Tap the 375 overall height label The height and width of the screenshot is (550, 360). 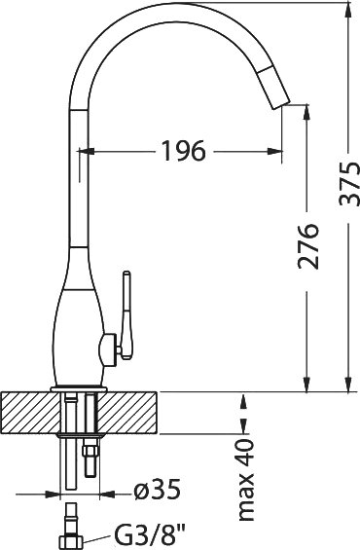coord(349,183)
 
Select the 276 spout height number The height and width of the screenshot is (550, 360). coord(308,246)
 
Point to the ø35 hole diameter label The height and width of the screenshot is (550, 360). coord(158,490)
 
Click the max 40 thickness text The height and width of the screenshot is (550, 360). coord(246,480)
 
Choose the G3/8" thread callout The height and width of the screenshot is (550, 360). coord(149,533)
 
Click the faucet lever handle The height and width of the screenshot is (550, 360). coord(126,315)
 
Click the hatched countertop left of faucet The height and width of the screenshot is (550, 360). coord(31,413)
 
